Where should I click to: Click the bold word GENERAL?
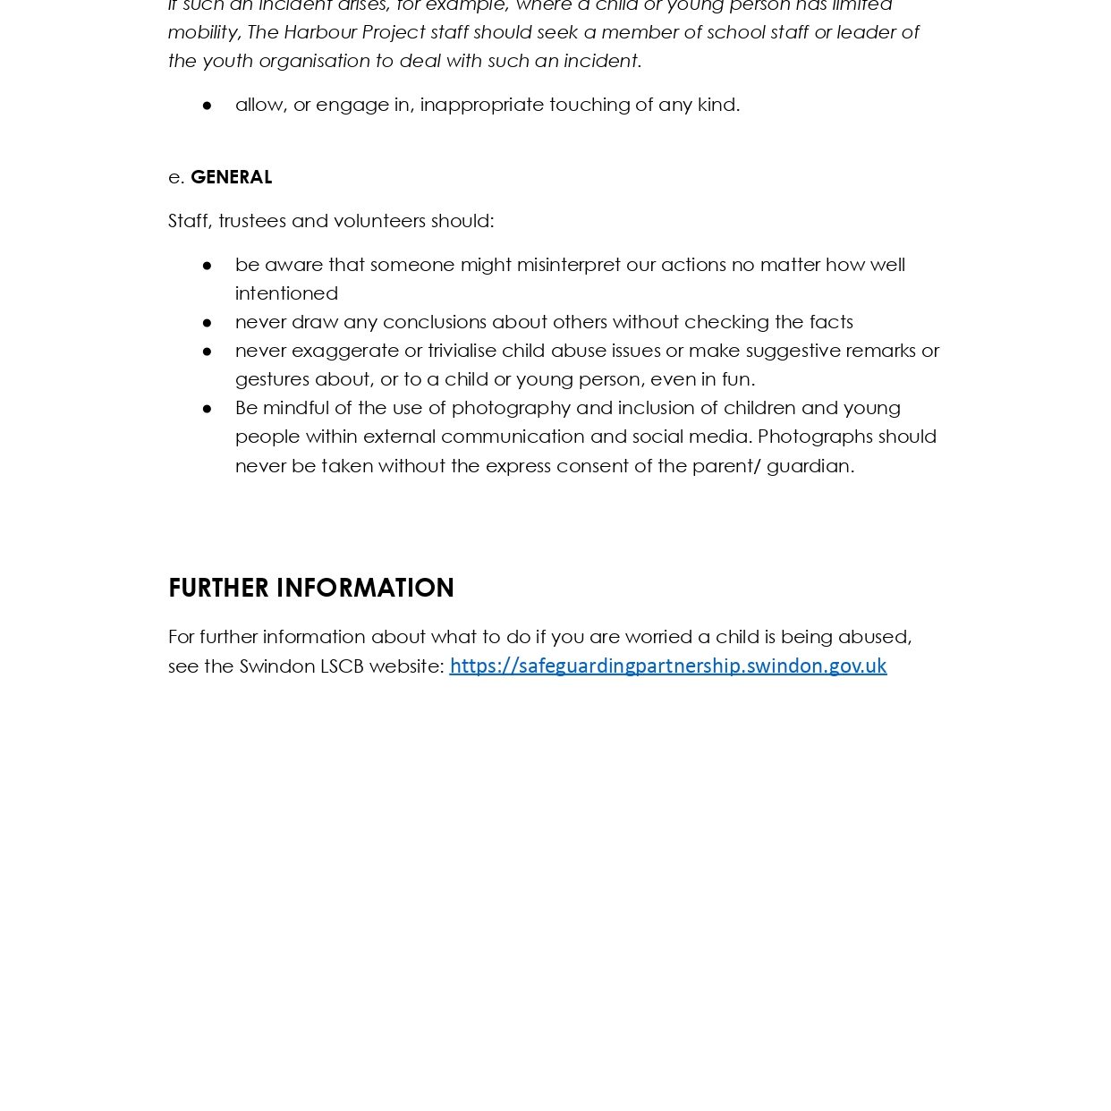pyautogui.click(x=231, y=177)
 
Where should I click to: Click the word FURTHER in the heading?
pyautogui.click(x=218, y=588)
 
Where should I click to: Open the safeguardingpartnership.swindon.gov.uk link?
pyautogui.click(x=667, y=666)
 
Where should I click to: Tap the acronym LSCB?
pyautogui.click(x=342, y=666)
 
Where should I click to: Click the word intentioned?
pyautogui.click(x=286, y=293)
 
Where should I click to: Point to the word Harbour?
pyautogui.click(x=320, y=32)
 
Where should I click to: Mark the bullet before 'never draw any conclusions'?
pyautogui.click(x=208, y=322)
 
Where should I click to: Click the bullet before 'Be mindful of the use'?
pyautogui.click(x=208, y=409)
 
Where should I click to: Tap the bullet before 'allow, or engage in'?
pyautogui.click(x=208, y=106)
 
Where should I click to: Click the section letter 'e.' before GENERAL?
pyautogui.click(x=176, y=177)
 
